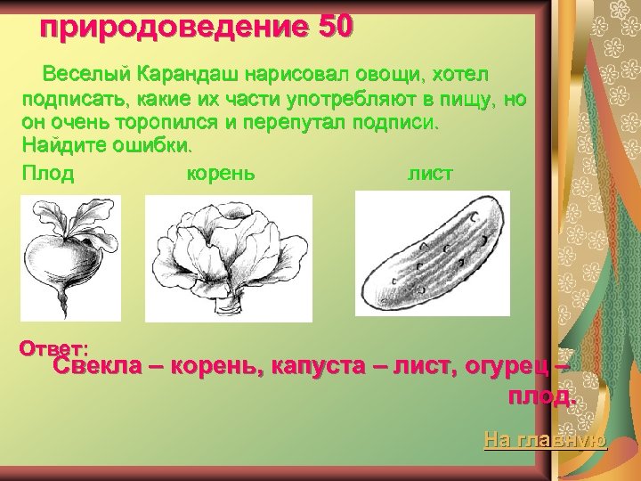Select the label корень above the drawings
pos(220,173)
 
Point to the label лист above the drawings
pos(430,173)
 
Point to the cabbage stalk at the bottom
pos(230,307)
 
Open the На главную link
pos(545,439)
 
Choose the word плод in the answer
pos(538,396)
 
